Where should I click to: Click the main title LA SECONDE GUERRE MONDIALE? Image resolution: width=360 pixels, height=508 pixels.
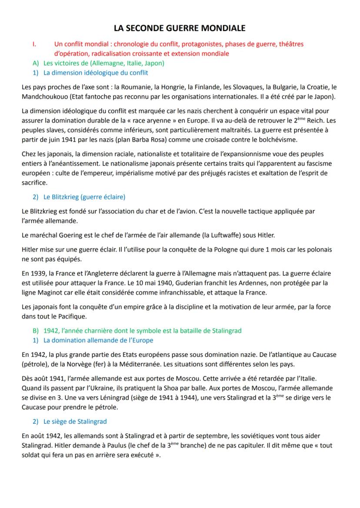180,28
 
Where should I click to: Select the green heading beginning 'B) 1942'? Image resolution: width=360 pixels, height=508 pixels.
137,330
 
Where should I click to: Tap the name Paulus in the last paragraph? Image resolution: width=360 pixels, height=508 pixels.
86,445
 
